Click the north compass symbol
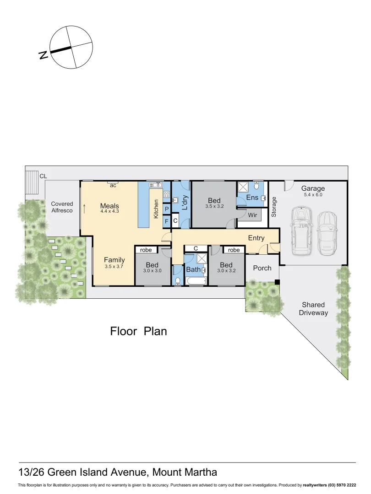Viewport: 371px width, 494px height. (x=70, y=48)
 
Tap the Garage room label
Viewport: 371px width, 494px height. (x=313, y=188)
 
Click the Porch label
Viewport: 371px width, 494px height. (x=262, y=268)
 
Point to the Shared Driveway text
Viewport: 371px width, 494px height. (x=313, y=309)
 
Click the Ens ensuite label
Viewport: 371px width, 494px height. (x=252, y=198)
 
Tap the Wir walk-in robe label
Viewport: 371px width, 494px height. (x=252, y=215)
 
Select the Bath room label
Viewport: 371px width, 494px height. (x=193, y=270)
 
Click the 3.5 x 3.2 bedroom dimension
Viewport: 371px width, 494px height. (x=214, y=207)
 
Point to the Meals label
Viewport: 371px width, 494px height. (x=109, y=206)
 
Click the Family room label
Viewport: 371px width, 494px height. (x=114, y=260)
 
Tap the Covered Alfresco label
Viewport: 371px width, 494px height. (x=62, y=207)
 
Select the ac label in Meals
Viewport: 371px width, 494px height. (x=113, y=186)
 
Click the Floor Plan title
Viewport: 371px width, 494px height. (x=138, y=331)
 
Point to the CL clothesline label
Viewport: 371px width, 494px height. (x=43, y=176)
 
